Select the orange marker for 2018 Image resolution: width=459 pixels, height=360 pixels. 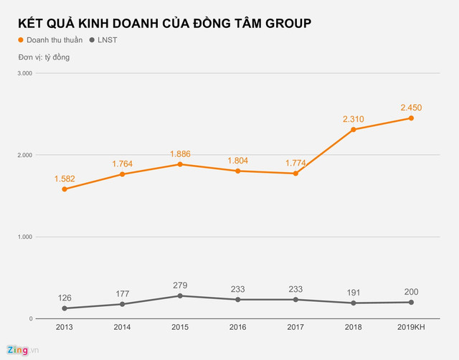pos(354,130)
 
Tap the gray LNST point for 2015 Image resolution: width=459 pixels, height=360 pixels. pos(180,295)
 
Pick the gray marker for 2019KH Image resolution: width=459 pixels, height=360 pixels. pos(411,302)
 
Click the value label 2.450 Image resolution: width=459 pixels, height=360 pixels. pos(411,108)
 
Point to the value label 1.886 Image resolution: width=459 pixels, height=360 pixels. pos(180,153)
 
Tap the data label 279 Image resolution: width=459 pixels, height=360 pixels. pos(180,285)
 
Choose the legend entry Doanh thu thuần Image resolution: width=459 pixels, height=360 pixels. pos(49,40)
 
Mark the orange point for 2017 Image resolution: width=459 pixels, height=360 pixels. pos(295,174)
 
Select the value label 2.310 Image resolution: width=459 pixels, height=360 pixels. pos(354,119)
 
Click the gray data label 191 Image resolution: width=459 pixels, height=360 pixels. pos(354,292)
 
